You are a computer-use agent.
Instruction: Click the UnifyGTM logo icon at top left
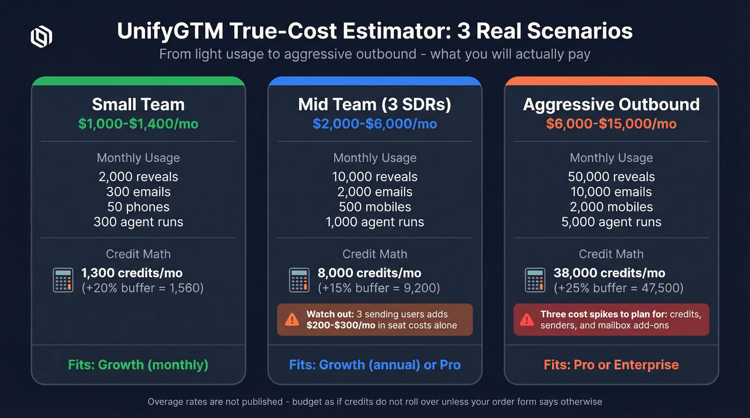(41, 37)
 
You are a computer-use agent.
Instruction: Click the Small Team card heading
(138, 104)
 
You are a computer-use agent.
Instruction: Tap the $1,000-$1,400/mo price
(138, 124)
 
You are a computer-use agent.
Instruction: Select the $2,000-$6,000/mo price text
(374, 124)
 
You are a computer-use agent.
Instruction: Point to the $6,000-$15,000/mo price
(611, 124)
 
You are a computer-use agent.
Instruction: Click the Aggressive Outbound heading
(611, 104)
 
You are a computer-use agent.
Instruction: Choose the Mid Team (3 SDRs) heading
(374, 104)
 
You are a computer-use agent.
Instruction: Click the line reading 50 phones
(138, 207)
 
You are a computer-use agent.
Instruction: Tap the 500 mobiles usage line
(374, 207)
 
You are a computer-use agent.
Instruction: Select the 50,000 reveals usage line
(611, 177)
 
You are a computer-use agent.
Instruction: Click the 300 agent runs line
(138, 222)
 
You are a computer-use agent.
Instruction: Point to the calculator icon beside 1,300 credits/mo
(63, 280)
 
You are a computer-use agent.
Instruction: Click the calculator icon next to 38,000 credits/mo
(536, 280)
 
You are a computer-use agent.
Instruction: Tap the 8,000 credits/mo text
(369, 273)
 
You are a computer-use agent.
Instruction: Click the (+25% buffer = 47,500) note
(618, 288)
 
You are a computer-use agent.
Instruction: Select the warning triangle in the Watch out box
(292, 320)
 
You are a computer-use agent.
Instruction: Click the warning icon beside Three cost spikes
(527, 320)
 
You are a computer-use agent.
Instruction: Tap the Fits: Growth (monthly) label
(138, 365)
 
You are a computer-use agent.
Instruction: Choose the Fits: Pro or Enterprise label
(611, 365)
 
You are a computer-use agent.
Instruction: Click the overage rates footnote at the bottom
(374, 401)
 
